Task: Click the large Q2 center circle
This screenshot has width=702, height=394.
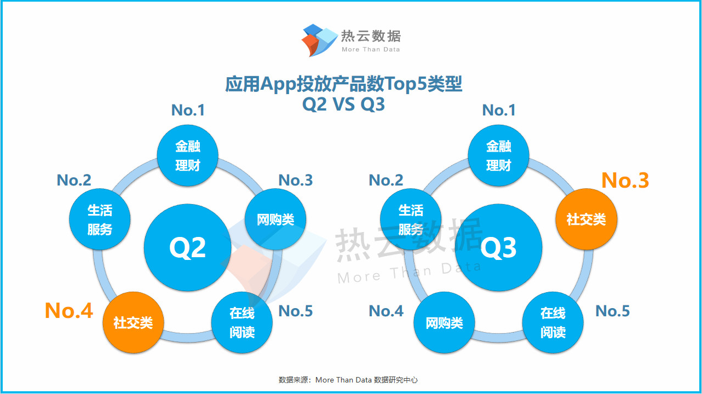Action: click(187, 247)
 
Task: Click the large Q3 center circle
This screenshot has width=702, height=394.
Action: click(498, 247)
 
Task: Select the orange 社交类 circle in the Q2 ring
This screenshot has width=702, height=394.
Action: click(133, 322)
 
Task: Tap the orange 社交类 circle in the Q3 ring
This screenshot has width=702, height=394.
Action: click(586, 219)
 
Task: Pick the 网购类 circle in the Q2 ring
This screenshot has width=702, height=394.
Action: click(275, 219)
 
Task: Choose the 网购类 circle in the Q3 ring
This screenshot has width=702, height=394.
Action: click(444, 322)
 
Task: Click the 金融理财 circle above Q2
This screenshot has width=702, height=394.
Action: click(187, 155)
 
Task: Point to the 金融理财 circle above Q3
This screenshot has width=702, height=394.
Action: click(498, 155)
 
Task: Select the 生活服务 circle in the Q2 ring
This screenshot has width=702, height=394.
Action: click(100, 219)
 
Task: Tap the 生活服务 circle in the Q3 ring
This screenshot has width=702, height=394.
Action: click(411, 219)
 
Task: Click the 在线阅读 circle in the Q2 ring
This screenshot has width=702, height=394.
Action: click(242, 322)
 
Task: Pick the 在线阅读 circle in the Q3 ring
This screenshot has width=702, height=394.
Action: click(553, 322)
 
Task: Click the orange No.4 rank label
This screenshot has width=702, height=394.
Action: click(69, 310)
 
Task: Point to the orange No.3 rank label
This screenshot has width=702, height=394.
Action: click(625, 180)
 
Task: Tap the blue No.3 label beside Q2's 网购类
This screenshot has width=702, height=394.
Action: click(296, 180)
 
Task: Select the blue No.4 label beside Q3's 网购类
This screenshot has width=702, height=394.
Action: click(386, 311)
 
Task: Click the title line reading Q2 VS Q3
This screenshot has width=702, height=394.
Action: click(343, 104)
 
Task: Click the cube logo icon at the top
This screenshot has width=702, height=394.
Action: click(320, 40)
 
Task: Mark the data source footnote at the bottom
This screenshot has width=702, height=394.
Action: click(348, 380)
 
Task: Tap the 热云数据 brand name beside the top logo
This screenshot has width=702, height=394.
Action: click(371, 36)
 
